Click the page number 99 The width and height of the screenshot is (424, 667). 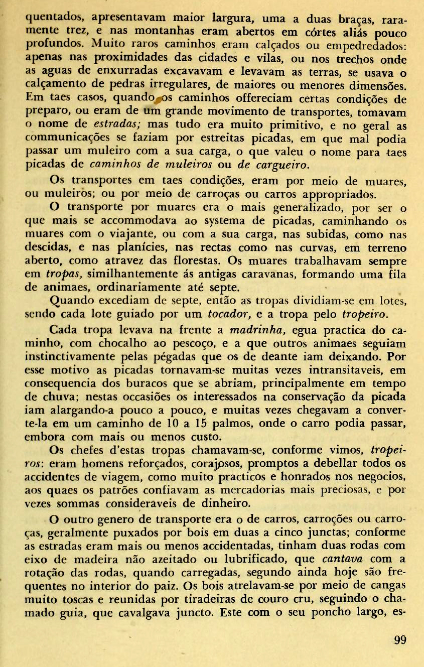pos(400,640)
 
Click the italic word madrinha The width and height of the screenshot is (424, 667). pos(257,331)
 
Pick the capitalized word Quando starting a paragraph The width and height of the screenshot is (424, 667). pos(76,302)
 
